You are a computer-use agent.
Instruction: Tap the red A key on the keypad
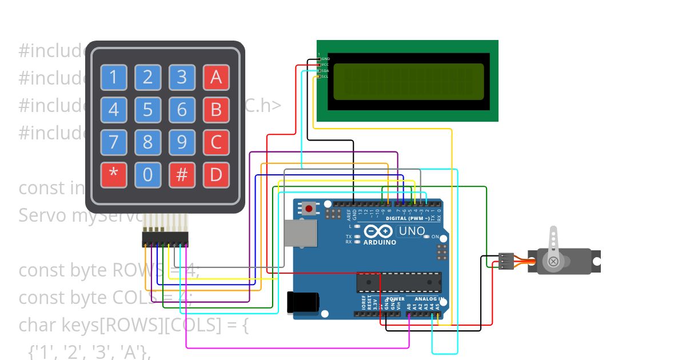coord(216,77)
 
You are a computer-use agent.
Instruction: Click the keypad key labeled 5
coord(148,109)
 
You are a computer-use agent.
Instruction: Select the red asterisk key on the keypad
coord(114,175)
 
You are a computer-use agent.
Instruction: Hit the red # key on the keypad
coord(182,175)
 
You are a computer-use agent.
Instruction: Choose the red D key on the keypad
coord(216,175)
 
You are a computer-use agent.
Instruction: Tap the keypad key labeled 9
coord(182,142)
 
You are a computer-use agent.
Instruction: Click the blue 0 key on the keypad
coord(148,175)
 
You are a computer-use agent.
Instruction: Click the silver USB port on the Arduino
coord(300,234)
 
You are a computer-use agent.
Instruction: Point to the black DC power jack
coord(302,302)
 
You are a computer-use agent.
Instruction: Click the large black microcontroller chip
coord(399,282)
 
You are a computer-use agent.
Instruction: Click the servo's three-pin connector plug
coord(506,261)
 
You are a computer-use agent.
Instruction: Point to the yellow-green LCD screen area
coord(408,81)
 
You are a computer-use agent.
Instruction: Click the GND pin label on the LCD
coord(325,59)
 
